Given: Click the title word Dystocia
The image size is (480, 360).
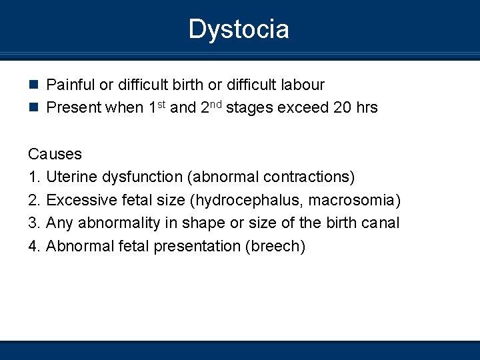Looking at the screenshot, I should pyautogui.click(x=239, y=29).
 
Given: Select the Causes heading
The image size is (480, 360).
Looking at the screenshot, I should pyautogui.click(x=55, y=154).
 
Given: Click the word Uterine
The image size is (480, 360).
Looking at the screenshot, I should pyautogui.click(x=72, y=177).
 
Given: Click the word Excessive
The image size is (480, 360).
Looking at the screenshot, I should pyautogui.click(x=80, y=200).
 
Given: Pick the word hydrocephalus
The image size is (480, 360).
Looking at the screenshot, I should pyautogui.click(x=242, y=200).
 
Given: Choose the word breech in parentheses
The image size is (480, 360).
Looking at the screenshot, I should pyautogui.click(x=275, y=246).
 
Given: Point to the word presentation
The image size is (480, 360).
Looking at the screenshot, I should pyautogui.click(x=198, y=246).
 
